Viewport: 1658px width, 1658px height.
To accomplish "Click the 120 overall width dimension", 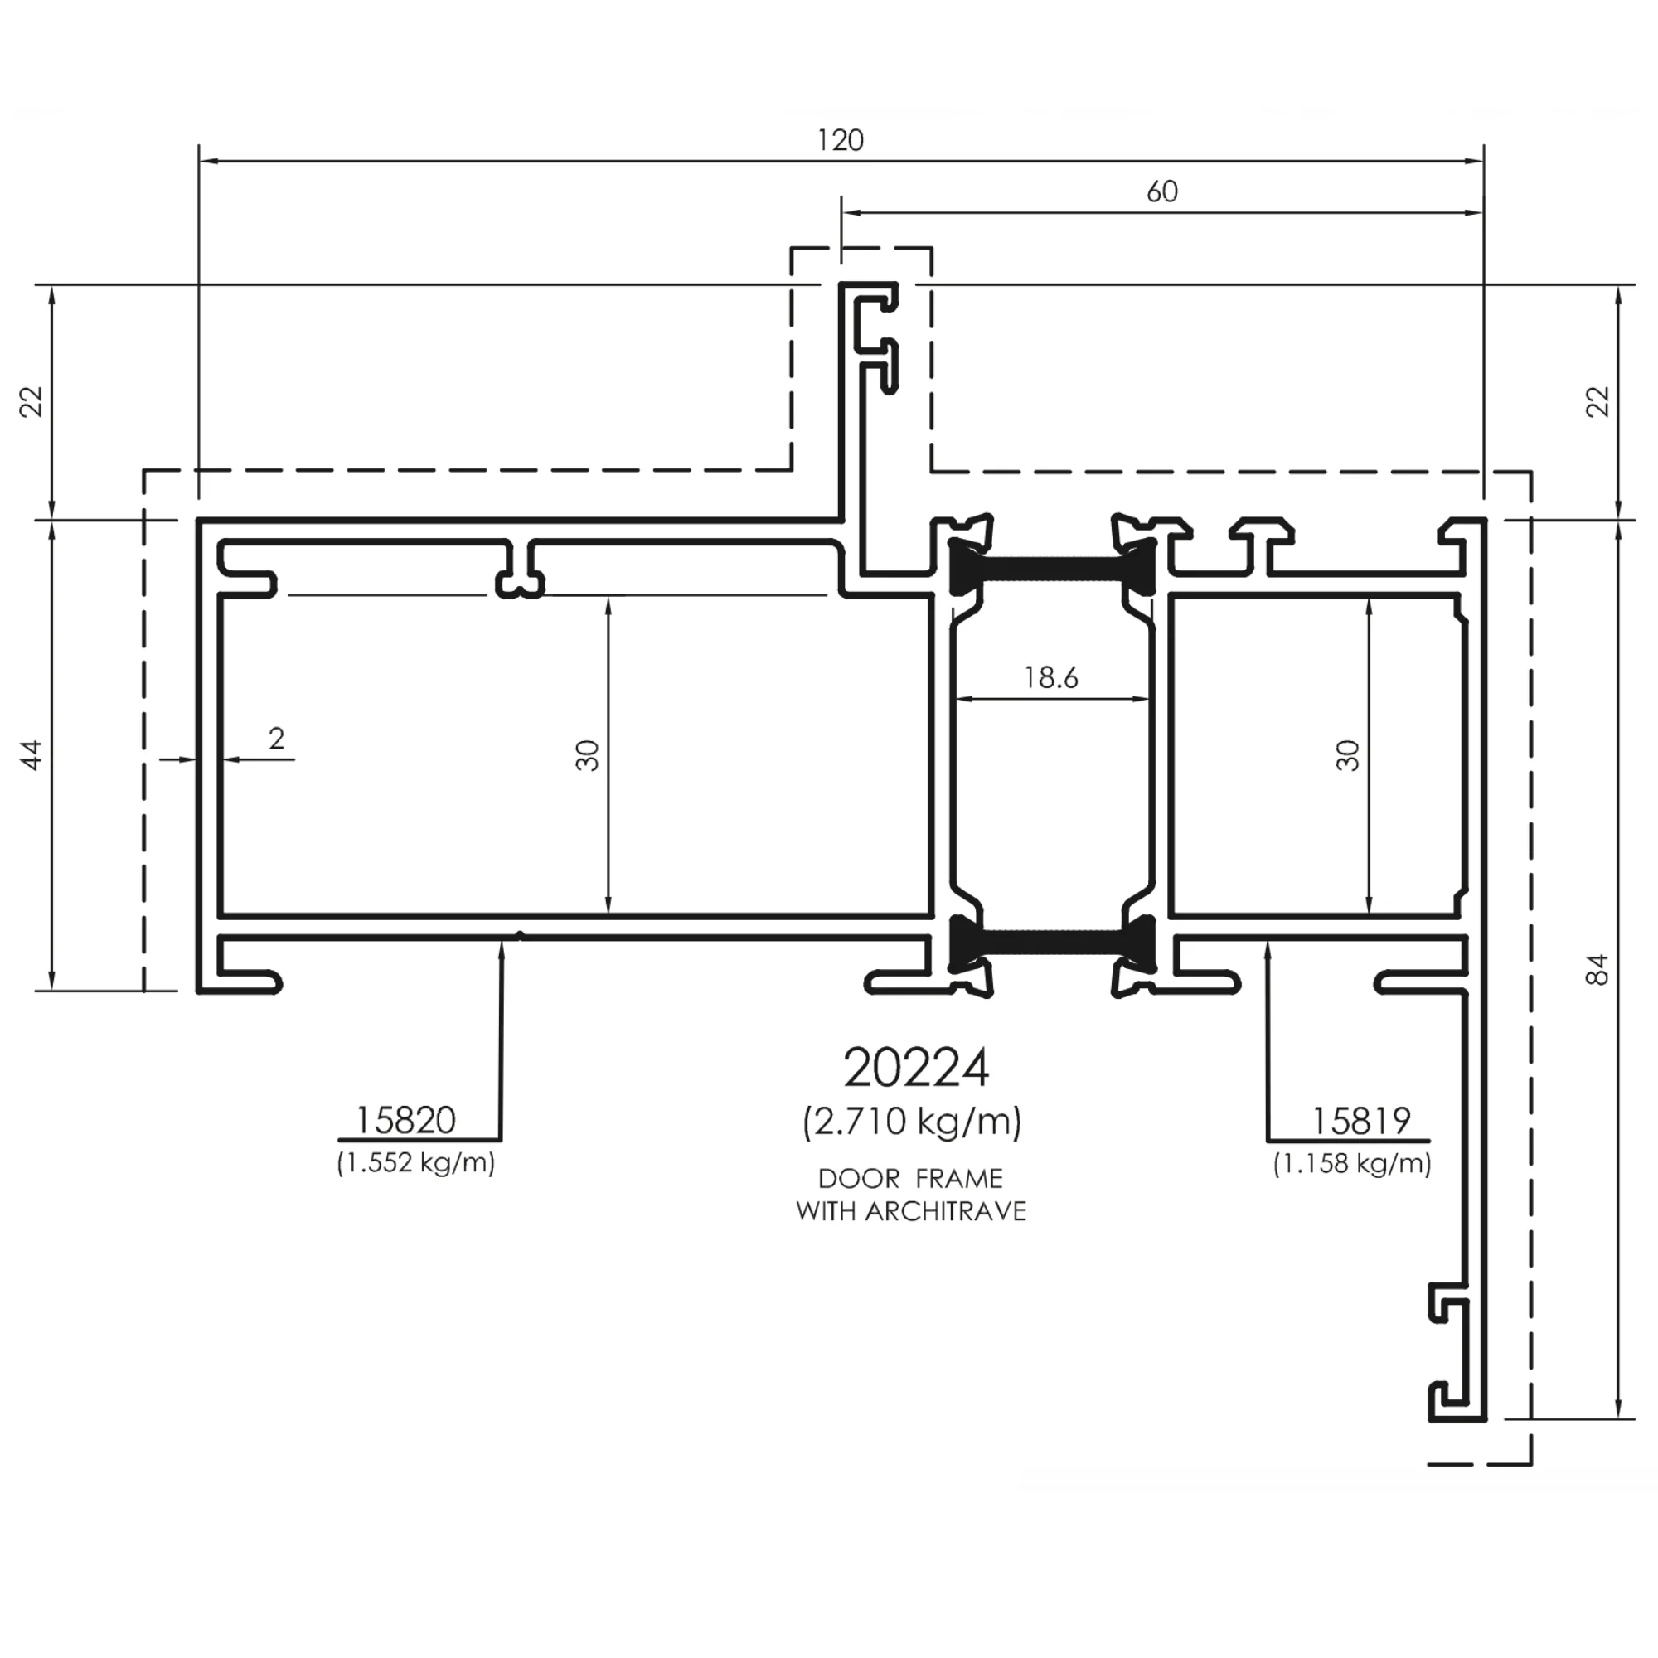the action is [840, 140].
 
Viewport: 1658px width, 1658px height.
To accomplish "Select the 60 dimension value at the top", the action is [1162, 191].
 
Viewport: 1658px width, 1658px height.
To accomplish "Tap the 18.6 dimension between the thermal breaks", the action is [1051, 678].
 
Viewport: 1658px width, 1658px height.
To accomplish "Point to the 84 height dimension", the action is [1597, 970].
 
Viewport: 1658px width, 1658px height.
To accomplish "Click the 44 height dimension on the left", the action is [31, 755].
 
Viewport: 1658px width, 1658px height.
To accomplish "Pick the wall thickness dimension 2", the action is [275, 738].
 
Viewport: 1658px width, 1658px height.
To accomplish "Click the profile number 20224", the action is [916, 1069].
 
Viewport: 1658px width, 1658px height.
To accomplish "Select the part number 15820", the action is [405, 1120].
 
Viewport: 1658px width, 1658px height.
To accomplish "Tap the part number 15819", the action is [1361, 1121].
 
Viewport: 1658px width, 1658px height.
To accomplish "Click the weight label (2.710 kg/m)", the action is [912, 1122].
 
